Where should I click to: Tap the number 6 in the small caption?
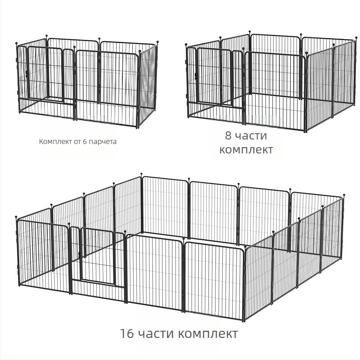[85, 141]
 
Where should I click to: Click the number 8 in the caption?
[228, 135]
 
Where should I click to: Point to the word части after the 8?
[252, 136]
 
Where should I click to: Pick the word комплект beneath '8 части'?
[246, 150]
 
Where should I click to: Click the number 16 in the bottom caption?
[127, 333]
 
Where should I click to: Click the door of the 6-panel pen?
[45, 73]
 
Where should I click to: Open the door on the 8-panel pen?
[214, 75]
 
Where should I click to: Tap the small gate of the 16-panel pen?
[97, 255]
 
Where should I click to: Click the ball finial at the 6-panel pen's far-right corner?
[158, 42]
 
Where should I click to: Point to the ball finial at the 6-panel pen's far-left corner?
[17, 43]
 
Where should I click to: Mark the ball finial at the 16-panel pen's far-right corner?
[344, 195]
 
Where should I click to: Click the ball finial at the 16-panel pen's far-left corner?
[16, 217]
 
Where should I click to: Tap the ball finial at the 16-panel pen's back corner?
[141, 174]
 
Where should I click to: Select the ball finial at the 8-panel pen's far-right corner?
[356, 37]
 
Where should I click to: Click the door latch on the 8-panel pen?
[196, 75]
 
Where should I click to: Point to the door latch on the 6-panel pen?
[27, 73]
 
